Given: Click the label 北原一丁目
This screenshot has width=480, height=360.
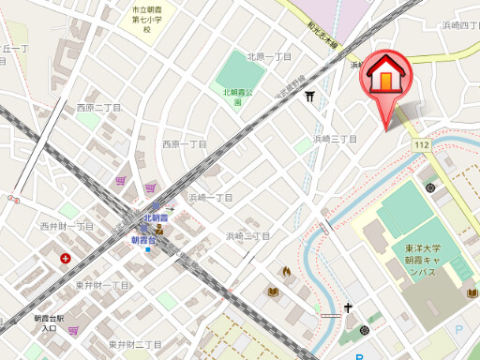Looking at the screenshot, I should pos(270,56).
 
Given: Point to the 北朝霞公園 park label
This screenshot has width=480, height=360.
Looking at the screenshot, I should pos(238,96).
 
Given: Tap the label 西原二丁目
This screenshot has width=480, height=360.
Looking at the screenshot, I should pos(99,107).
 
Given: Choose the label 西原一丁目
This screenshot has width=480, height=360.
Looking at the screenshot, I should pos(184,144).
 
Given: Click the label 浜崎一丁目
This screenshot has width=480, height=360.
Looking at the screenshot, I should pos(210,198).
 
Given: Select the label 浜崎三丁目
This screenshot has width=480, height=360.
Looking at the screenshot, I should pos(335,139).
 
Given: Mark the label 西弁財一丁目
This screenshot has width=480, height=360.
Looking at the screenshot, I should pos(67,226).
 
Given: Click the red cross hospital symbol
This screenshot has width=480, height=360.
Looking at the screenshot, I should pos(66,258).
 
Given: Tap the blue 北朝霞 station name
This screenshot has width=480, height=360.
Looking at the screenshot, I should pos(158,218).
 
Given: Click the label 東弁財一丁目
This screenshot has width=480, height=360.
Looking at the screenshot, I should pos(102,284).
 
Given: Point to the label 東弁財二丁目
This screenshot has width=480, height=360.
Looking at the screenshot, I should pos(135,344).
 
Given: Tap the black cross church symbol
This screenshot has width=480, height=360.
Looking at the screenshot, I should pos(348,307).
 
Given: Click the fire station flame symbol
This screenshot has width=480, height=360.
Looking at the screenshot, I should pos(285,271).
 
